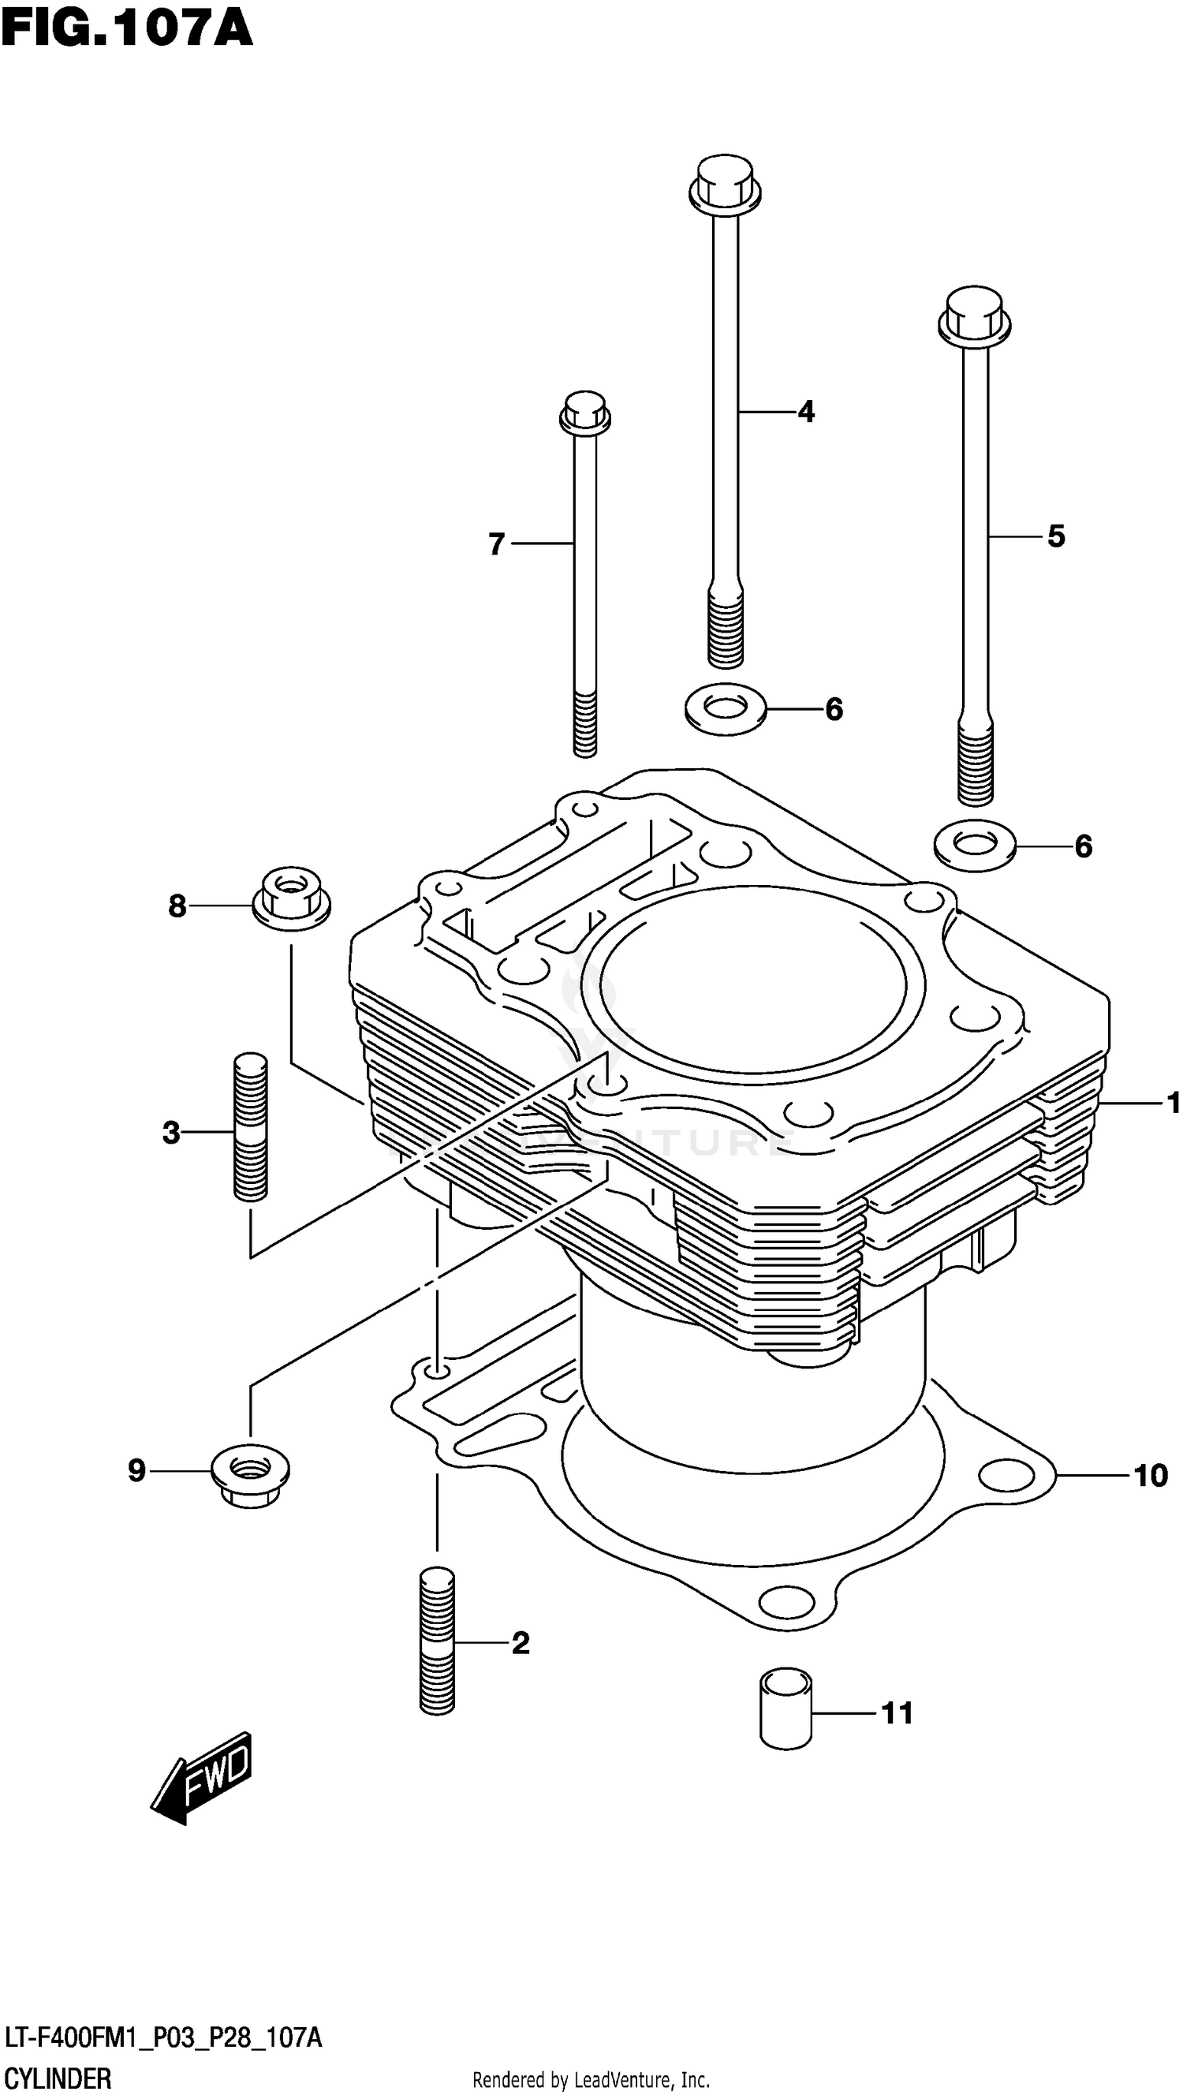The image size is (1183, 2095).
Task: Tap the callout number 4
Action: pos(805,413)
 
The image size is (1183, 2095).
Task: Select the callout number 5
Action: pos(1054,536)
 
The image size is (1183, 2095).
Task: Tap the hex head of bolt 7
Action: pos(584,413)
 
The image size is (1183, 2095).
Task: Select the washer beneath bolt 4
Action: pos(726,708)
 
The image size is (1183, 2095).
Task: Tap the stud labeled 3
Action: pos(251,1126)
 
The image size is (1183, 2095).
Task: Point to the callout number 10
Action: pos(1150,1475)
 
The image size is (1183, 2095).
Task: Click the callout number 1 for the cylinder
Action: pos(1173,1103)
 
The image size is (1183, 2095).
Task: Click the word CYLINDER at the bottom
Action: pos(58,2078)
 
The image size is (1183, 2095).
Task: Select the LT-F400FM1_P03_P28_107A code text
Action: pos(163,2038)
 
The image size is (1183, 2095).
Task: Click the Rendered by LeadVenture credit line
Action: pos(591,2079)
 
